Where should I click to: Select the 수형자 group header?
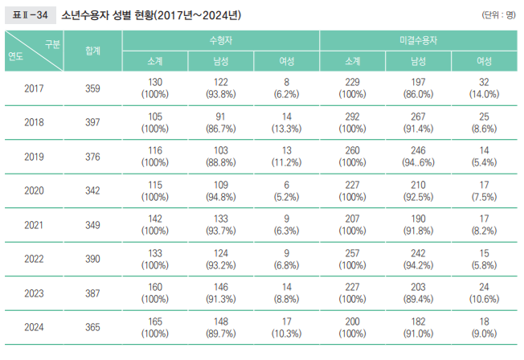pyautogui.click(x=221, y=39)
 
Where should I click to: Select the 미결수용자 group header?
pyautogui.click(x=418, y=39)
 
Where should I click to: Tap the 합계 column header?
pyautogui.click(x=92, y=50)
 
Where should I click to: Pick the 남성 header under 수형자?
pyautogui.click(x=221, y=60)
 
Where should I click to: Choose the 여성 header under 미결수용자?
pyautogui.click(x=484, y=60)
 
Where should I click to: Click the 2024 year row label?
pyautogui.click(x=35, y=327)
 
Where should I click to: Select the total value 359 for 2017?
pyautogui.click(x=92, y=89)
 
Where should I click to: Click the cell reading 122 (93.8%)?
pyautogui.click(x=221, y=89)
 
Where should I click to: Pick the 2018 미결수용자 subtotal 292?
pyautogui.click(x=352, y=117)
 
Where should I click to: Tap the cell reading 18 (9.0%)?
pyautogui.click(x=484, y=327)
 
